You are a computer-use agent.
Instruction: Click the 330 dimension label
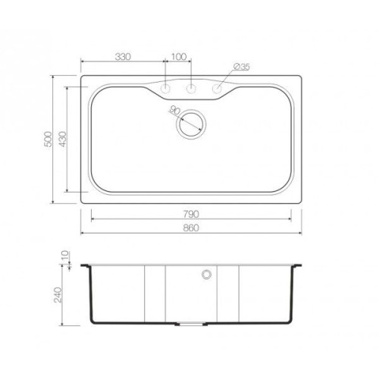click(123, 57)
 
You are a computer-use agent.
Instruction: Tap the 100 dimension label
click(179, 57)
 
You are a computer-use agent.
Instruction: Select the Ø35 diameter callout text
click(242, 67)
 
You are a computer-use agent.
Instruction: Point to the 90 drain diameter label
click(174, 111)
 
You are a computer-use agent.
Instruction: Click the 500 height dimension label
click(48, 139)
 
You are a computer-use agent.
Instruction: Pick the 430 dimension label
click(62, 139)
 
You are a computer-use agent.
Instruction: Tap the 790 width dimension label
click(191, 215)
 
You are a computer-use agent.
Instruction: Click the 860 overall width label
click(191, 228)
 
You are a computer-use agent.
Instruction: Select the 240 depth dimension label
click(58, 295)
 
